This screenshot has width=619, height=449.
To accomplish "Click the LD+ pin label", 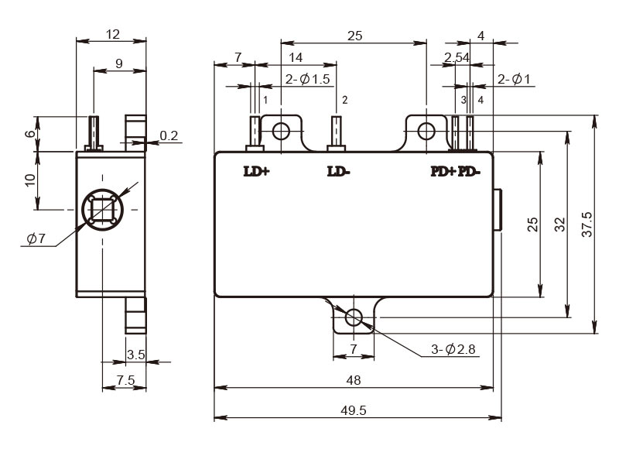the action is pos(257,171).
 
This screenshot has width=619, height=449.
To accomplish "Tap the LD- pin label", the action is pos(339,171).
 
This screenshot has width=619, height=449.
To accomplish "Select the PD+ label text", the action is pos(443,171).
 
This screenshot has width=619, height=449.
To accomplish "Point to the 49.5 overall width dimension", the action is pos(354,411).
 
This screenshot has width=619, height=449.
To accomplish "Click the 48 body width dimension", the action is pos(354,380).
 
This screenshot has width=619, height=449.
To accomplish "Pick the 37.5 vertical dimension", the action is pos(587,224).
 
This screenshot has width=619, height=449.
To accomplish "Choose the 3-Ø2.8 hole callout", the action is pos(453,349).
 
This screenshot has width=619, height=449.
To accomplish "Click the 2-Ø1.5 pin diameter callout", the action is pos(307,79).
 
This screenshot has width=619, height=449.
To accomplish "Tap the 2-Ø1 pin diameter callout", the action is pos(514,80).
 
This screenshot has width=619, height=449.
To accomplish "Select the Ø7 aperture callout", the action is pos(36,238).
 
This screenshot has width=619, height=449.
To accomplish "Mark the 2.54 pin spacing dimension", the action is pos(457,57).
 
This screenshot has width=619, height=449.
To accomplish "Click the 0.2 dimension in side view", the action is pos(169,135).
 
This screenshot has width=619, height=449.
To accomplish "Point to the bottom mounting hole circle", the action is pos(354,317).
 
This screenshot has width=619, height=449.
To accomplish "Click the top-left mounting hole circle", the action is pos(282,131).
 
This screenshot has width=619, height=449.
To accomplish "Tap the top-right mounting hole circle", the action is pos(426,131).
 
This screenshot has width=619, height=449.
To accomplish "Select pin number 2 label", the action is pos(344,100).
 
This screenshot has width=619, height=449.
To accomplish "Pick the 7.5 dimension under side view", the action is pos(125,380).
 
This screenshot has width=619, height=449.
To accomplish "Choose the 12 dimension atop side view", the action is pos(113,34).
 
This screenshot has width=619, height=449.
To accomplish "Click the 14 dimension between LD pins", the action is pos(296,57).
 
